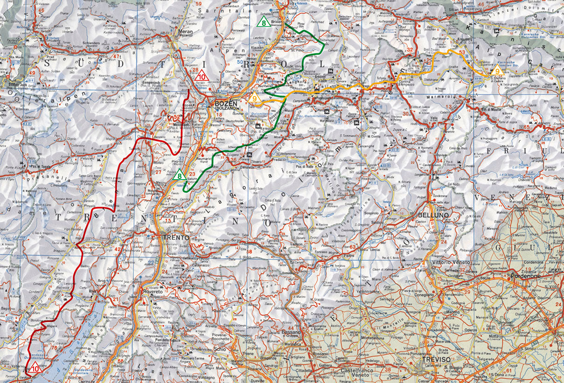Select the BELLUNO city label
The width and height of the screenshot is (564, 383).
tap(433, 215)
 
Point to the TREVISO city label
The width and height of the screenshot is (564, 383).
tap(436, 360)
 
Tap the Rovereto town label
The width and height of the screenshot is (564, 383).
tap(150, 292)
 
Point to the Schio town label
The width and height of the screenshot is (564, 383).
tap(220, 348)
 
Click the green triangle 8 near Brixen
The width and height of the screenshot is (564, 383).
tap(263, 22)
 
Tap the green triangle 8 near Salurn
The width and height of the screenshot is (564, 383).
tap(179, 176)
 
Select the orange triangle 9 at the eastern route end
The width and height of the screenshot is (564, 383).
tap(497, 71)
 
